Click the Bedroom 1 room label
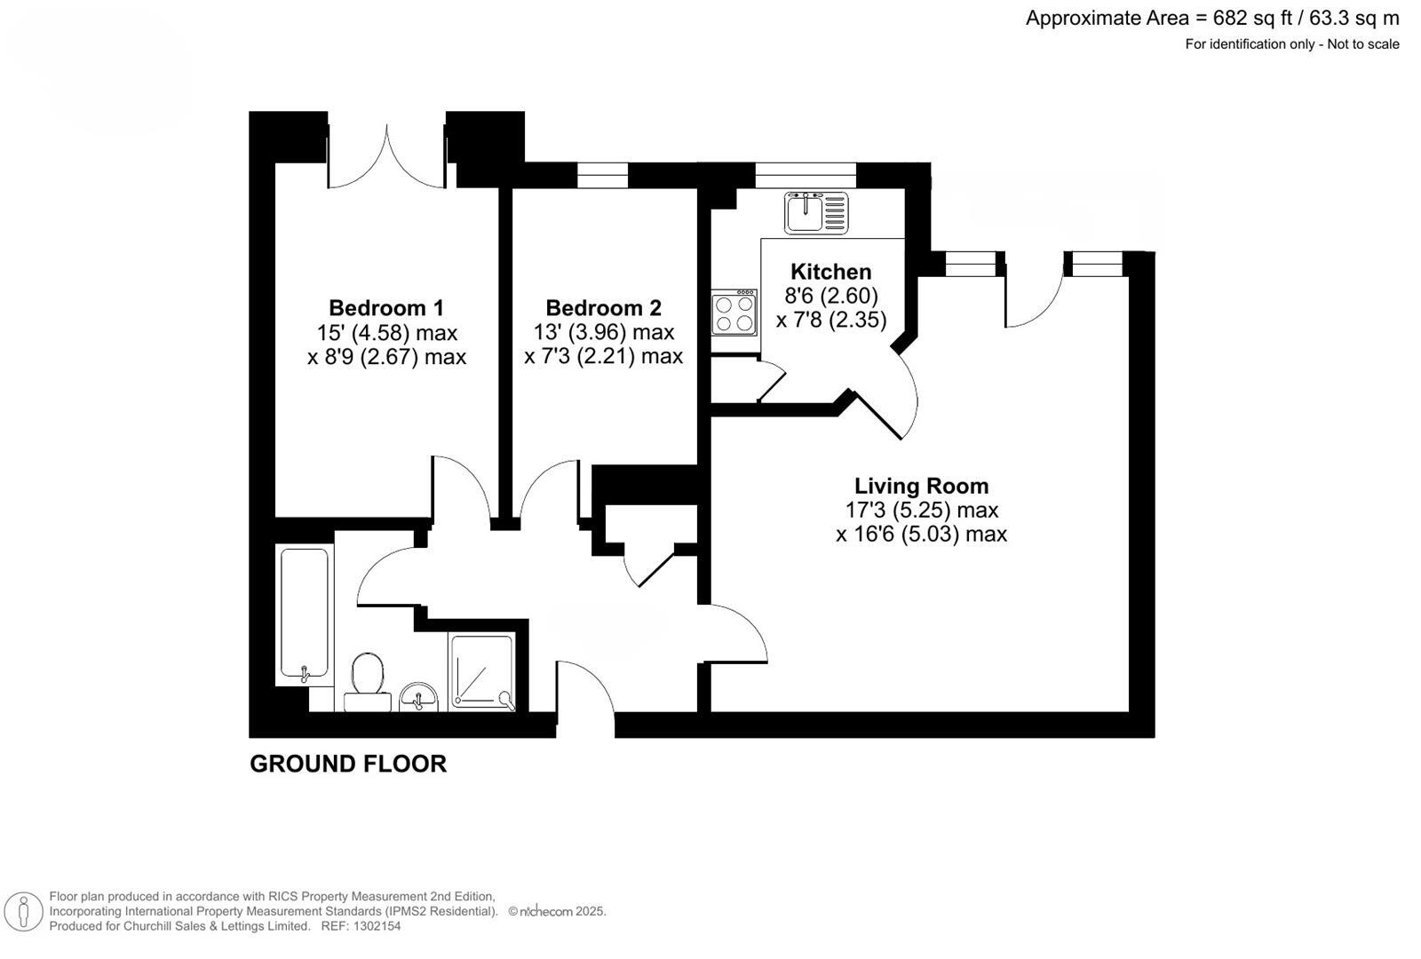pos(385,308)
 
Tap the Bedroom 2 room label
pos(603,308)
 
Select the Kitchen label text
pos(830,272)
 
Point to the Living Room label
pos(921,486)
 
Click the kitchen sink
pos(815,213)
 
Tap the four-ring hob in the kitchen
pos(734,313)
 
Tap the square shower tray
pos(482,671)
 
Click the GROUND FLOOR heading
pos(348,764)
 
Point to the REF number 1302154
pos(377,926)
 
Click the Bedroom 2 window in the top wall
pos(602,175)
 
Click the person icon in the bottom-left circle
pos(24,912)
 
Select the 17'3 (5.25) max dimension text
pos(921,511)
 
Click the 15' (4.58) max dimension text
pos(387,333)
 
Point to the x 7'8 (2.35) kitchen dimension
pos(831,320)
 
